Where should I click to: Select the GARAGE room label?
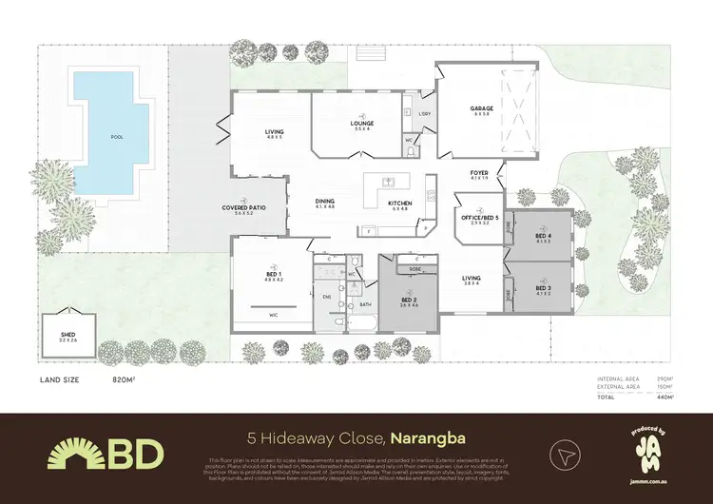pos(481,109)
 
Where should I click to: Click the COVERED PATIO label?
pos(243,208)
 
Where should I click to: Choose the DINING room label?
pos(325,202)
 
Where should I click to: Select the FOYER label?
pos(478,173)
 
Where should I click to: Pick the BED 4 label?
pos(543,237)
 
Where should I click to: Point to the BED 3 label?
pos(543,287)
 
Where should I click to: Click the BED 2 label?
pos(409,300)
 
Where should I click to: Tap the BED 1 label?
pos(274,275)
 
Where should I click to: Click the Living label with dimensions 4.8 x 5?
pos(276,134)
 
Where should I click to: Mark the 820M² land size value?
pos(124,378)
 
